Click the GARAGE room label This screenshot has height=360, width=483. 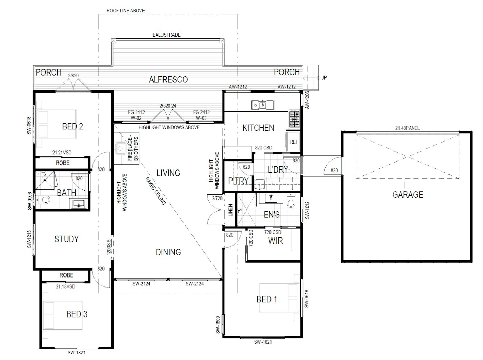pyautogui.click(x=408, y=195)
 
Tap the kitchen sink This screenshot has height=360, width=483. pyautogui.click(x=263, y=105)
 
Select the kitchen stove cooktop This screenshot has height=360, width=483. pyautogui.click(x=294, y=119)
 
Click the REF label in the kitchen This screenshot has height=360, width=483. pyautogui.click(x=294, y=142)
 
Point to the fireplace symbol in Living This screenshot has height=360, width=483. pyautogui.click(x=120, y=148)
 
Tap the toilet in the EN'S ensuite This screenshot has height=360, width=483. pyautogui.click(x=291, y=201)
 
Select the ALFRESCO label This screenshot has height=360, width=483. pyautogui.click(x=168, y=79)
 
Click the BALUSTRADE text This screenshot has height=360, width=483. pyautogui.click(x=167, y=35)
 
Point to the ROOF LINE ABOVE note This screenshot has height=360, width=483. pyautogui.click(x=126, y=11)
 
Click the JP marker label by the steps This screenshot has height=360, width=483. pyautogui.click(x=324, y=78)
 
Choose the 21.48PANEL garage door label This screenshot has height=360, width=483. pyautogui.click(x=407, y=128)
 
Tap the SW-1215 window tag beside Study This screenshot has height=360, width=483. pyautogui.click(x=29, y=239)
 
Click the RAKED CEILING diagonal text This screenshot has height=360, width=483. pyautogui.click(x=156, y=191)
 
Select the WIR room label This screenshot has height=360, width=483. pyautogui.click(x=275, y=241)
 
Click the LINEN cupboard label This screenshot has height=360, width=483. pyautogui.click(x=230, y=210)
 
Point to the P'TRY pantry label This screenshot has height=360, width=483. pyautogui.click(x=238, y=181)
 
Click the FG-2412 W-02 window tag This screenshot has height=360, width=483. pyautogui.click(x=136, y=115)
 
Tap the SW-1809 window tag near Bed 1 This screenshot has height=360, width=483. pyautogui.click(x=218, y=325)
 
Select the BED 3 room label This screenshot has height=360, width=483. pyautogui.click(x=77, y=314)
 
